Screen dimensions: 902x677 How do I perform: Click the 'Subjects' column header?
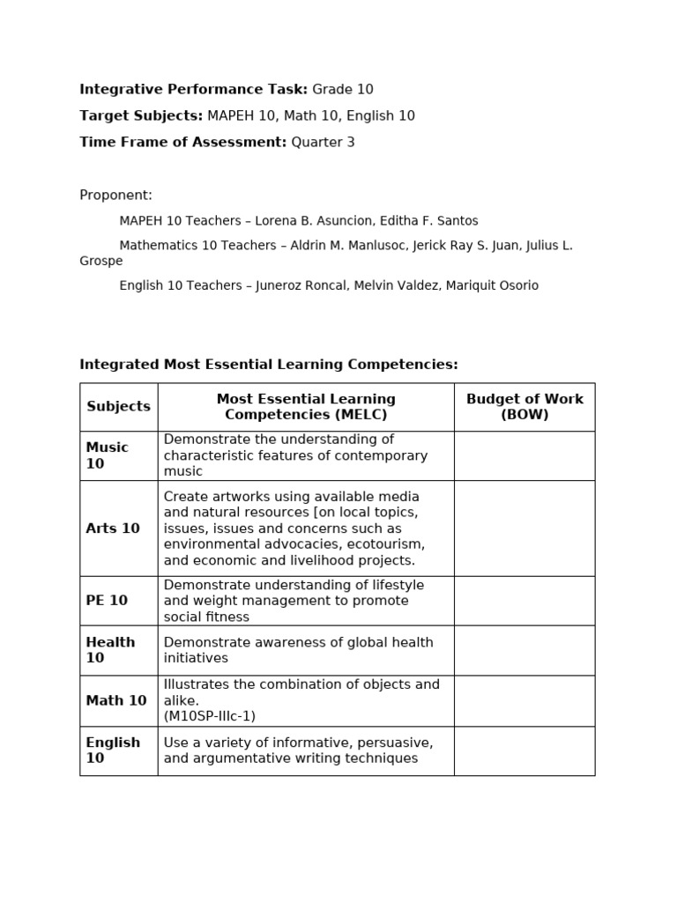click(x=118, y=407)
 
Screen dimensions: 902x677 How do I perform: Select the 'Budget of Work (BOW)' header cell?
click(x=524, y=407)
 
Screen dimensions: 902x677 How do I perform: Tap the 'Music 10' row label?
click(x=108, y=455)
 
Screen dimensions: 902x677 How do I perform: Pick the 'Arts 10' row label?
click(x=113, y=529)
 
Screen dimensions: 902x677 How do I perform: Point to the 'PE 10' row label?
click(x=107, y=601)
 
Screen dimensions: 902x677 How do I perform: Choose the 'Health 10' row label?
click(x=110, y=650)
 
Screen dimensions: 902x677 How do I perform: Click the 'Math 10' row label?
click(x=116, y=701)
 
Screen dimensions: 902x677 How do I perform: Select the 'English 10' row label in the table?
click(x=113, y=750)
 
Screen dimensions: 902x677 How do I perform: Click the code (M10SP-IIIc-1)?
click(x=210, y=716)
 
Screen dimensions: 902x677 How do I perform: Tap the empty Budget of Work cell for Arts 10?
click(x=524, y=529)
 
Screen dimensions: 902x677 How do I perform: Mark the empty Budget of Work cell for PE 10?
click(x=524, y=601)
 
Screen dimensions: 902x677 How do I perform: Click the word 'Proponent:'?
click(x=115, y=195)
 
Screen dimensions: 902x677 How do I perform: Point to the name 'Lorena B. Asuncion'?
click(x=312, y=221)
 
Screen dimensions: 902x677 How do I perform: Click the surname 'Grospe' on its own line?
click(x=101, y=261)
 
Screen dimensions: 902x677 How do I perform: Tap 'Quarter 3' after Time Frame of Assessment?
click(x=323, y=142)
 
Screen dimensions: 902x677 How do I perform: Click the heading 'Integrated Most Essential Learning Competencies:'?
click(x=269, y=365)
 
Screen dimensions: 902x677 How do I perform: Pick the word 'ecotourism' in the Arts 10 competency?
click(x=386, y=544)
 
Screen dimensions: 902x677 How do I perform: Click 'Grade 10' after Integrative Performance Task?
click(x=343, y=89)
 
